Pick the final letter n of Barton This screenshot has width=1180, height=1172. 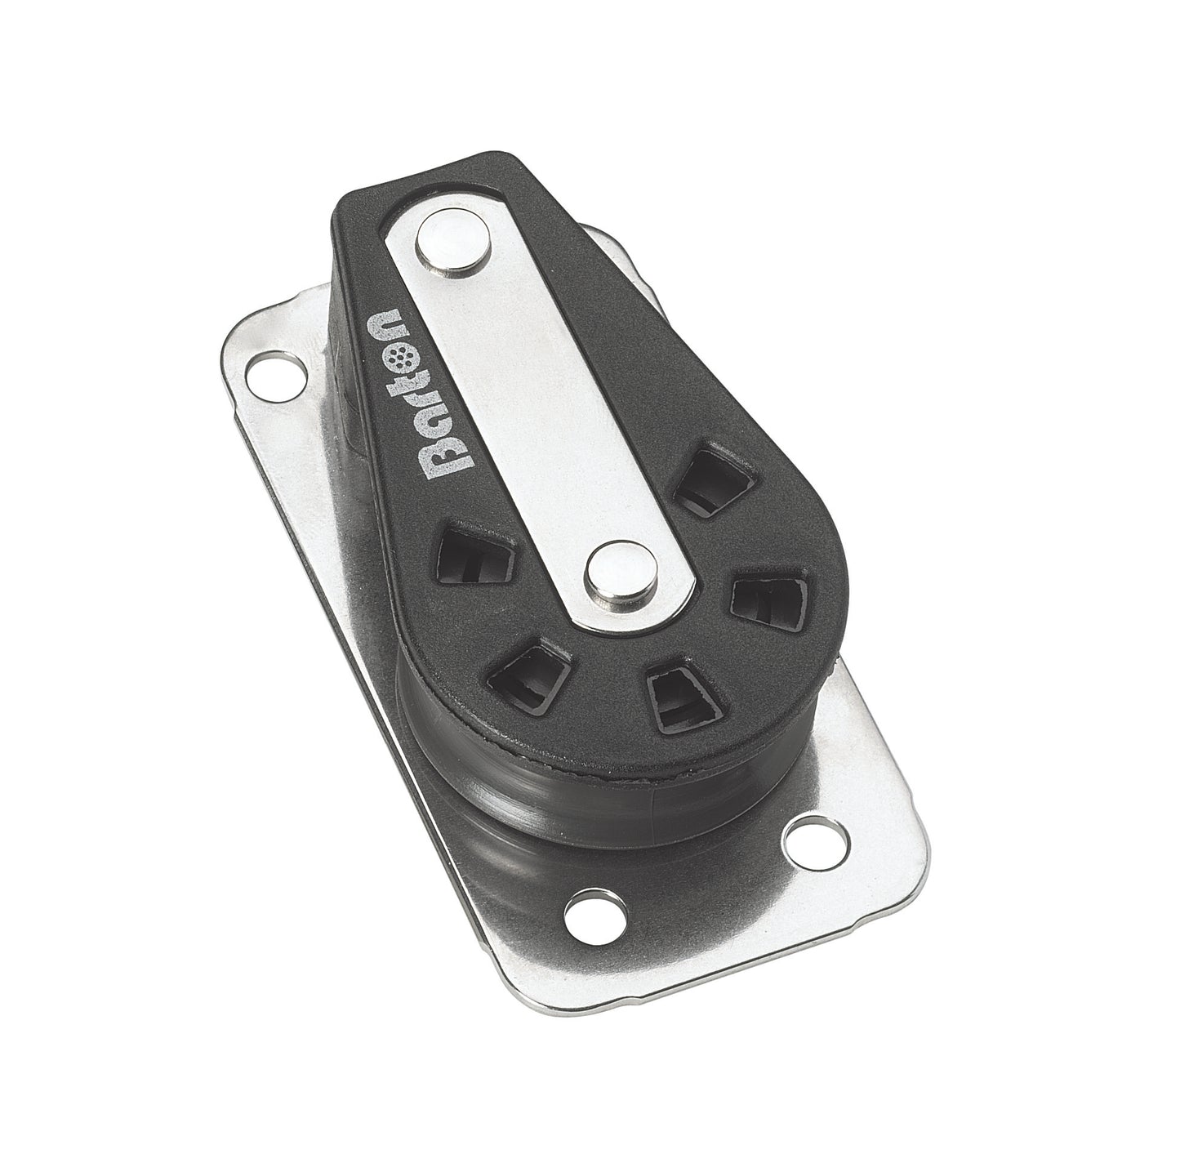[x=382, y=321]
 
